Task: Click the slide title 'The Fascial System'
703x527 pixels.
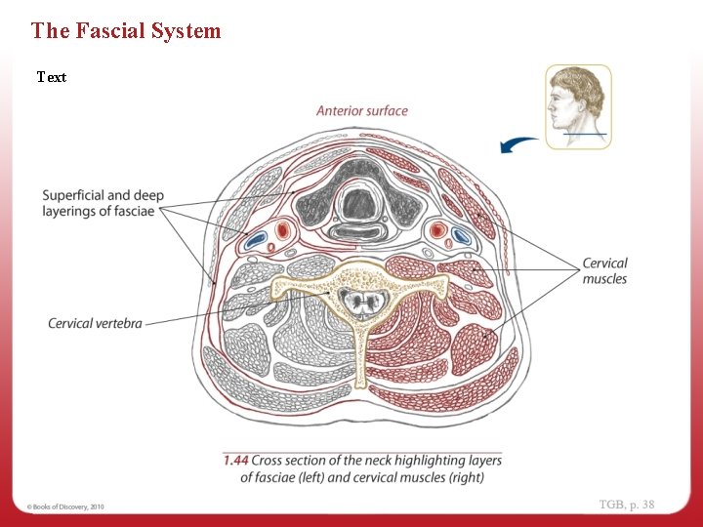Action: (126, 31)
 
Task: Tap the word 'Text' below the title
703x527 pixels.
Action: (52, 77)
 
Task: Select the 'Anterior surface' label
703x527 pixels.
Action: (361, 111)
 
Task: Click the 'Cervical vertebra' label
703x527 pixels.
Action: (95, 323)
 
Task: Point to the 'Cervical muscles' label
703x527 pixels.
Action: (604, 271)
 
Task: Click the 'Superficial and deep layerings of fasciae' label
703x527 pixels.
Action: (103, 203)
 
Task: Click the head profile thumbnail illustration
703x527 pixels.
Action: (578, 106)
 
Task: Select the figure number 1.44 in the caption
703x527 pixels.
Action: (235, 460)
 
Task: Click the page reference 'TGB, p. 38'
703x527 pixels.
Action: (626, 505)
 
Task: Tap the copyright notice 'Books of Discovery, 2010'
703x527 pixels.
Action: (66, 507)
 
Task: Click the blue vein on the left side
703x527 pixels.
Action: (257, 237)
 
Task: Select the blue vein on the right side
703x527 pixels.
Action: (460, 235)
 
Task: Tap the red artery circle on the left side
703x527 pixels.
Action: (284, 231)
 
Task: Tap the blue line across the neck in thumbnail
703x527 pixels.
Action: (584, 134)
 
